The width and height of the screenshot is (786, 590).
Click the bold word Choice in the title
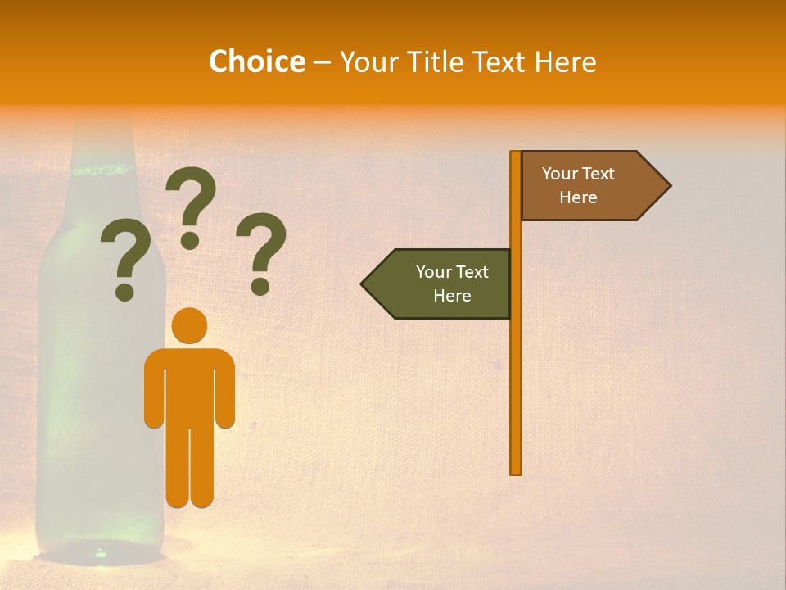point(256,61)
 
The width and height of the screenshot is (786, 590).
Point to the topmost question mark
point(191,197)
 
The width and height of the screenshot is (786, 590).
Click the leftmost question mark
point(125,254)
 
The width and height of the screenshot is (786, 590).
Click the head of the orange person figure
point(189,325)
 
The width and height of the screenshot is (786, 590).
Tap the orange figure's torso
point(189,385)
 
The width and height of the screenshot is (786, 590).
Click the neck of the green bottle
point(102,139)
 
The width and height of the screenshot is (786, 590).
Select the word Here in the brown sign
point(578,197)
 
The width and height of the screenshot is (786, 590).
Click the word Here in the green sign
point(452,296)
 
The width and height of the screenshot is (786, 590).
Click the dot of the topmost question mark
point(190,240)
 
